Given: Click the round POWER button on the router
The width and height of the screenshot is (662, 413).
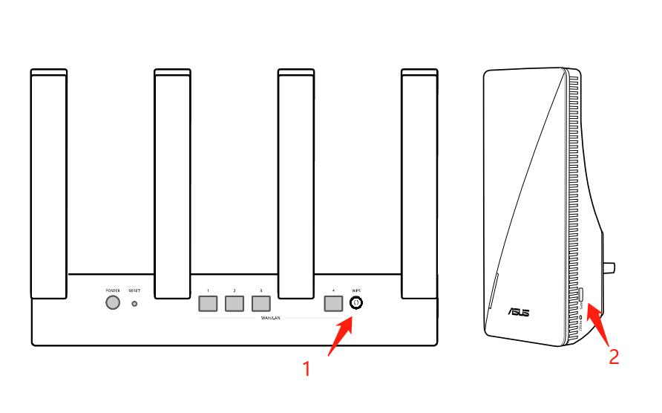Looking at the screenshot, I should pos(113,303).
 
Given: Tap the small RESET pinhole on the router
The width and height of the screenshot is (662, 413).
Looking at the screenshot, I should pos(134,303).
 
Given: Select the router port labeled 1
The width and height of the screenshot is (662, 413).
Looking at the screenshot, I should pos(209,303).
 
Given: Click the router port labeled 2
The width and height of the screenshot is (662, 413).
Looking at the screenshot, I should pos(234,303).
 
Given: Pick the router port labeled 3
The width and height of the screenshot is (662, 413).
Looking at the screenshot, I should pos(260,303).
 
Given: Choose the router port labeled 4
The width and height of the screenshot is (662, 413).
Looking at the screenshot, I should pos(333,303).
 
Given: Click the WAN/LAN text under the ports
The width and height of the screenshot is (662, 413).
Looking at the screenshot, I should pos(269,317).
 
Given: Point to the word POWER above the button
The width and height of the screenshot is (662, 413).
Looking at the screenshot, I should pos(113,290).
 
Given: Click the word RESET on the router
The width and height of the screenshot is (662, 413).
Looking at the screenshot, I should pos(134,290).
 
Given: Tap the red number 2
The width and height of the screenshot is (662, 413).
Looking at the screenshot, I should pos(614,357).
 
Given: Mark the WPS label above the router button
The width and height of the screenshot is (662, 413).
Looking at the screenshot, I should pos(355,290).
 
